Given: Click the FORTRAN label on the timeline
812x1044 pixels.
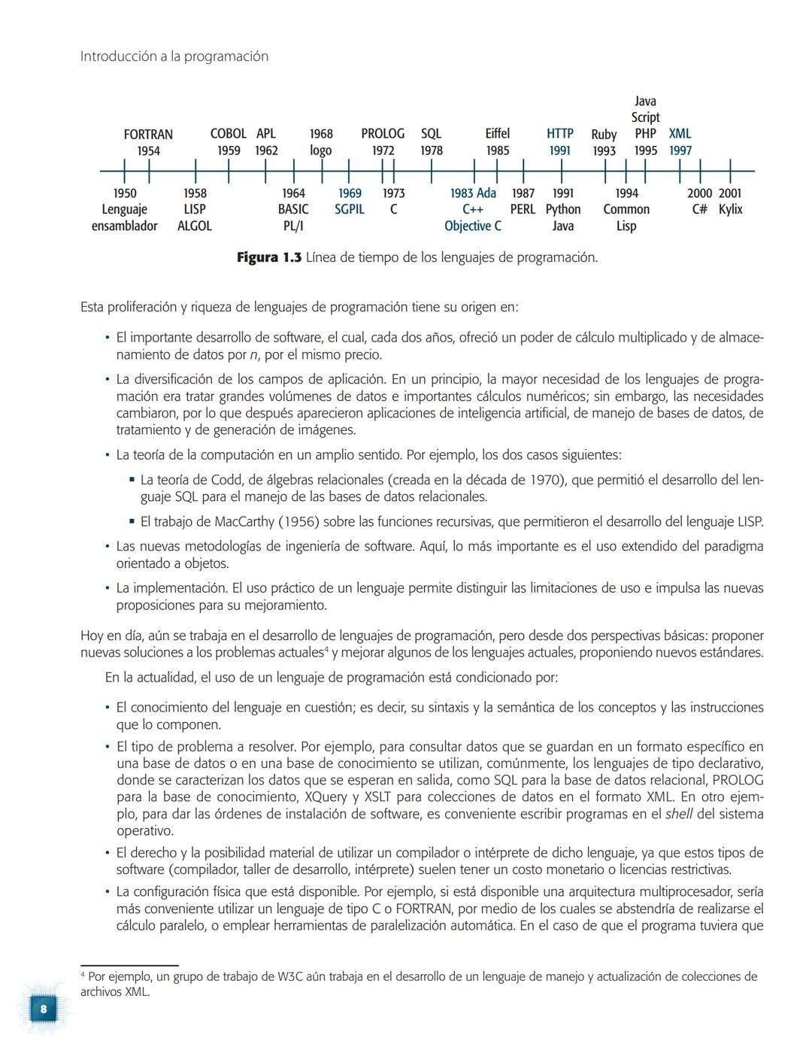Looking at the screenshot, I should [148, 135].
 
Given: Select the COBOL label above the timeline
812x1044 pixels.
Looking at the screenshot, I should [229, 134].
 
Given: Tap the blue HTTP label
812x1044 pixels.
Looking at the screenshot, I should [560, 134].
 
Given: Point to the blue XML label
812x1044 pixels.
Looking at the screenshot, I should [680, 134].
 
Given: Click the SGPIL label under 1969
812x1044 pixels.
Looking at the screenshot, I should [350, 210].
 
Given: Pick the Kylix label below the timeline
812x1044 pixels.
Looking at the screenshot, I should [730, 210].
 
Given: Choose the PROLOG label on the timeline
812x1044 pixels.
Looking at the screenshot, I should [383, 134].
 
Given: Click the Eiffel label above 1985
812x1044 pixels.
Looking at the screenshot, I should [497, 134].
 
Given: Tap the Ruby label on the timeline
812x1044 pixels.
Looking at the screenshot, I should [604, 135].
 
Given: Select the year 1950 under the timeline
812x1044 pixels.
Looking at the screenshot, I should [124, 193].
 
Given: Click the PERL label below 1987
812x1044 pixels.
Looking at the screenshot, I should [523, 210].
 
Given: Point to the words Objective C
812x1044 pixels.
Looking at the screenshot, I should [473, 226].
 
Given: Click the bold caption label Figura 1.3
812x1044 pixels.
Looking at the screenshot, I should [269, 258].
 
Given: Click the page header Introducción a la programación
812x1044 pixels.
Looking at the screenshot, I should [174, 56].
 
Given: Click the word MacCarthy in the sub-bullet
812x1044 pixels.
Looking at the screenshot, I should [245, 522].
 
